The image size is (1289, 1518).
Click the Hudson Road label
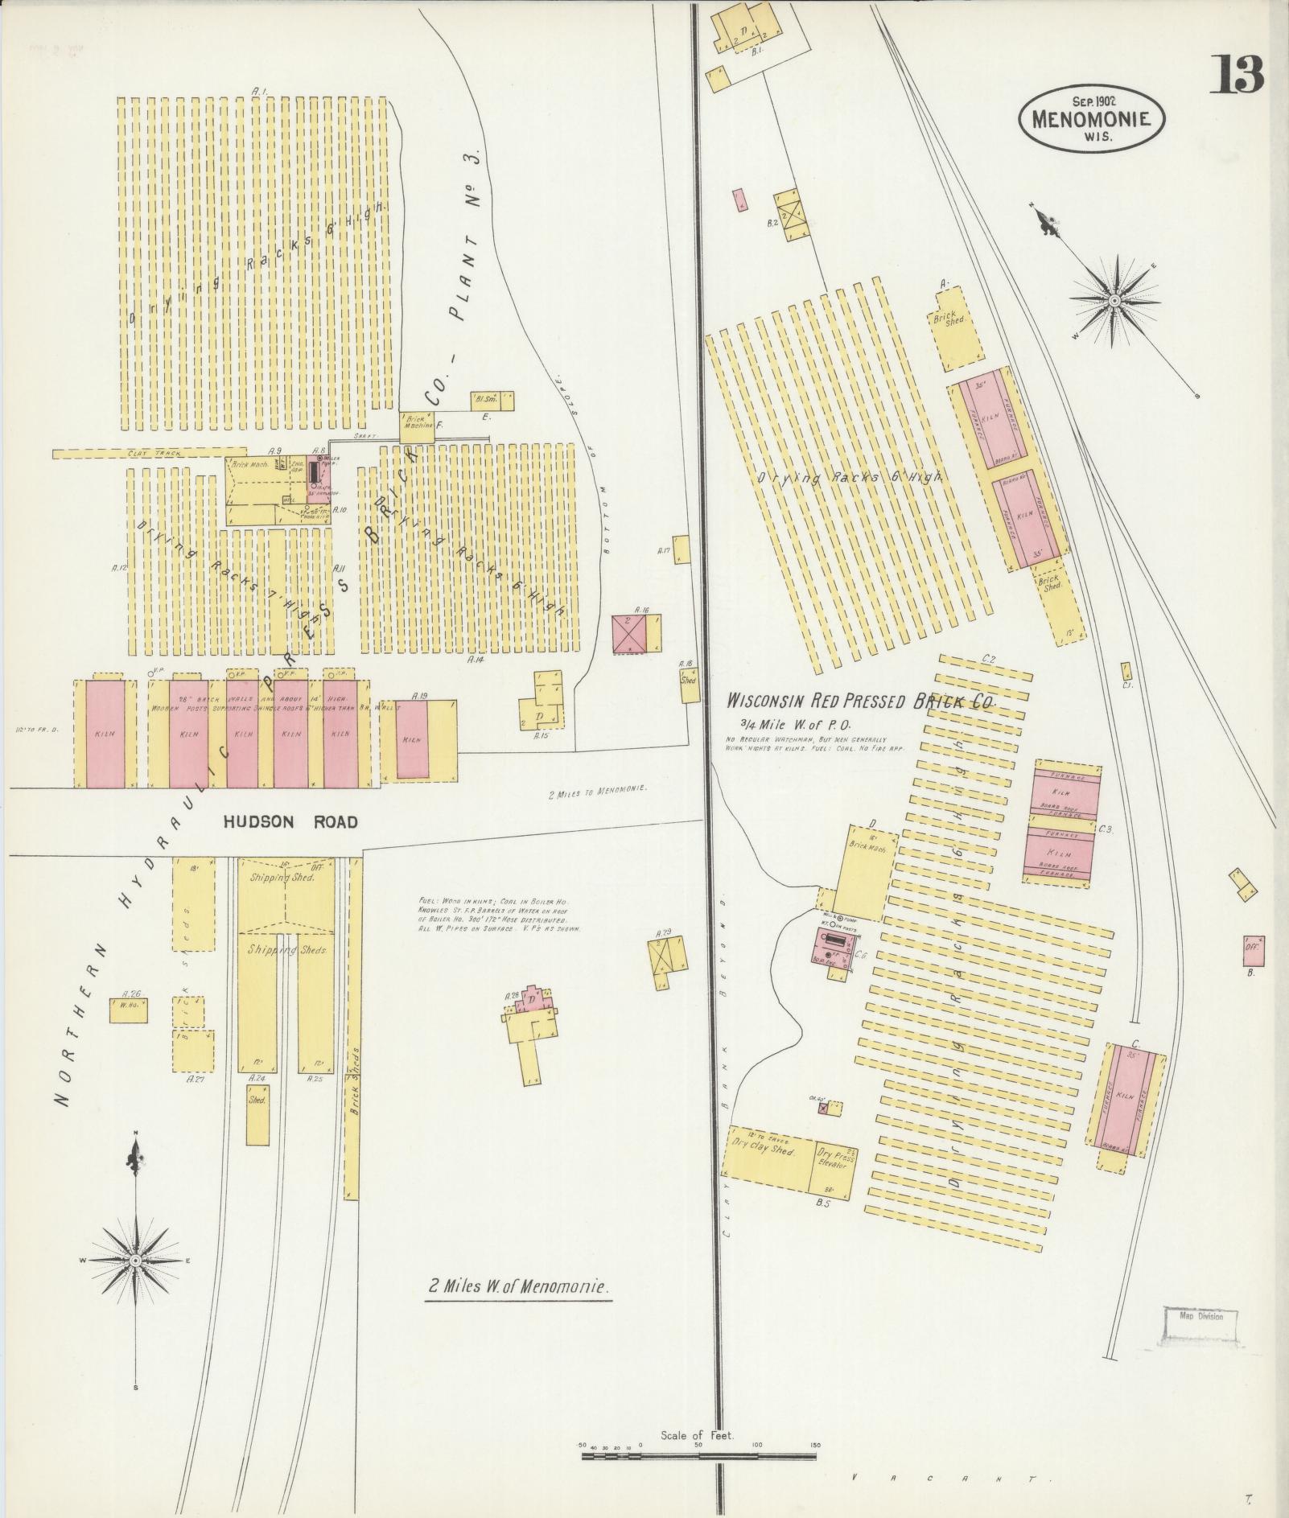coord(290,821)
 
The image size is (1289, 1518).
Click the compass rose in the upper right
coord(1114,301)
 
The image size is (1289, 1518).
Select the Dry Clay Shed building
coord(768,1153)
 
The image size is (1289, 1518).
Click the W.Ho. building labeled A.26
coord(128,1010)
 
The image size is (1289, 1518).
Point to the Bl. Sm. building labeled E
coord(492,401)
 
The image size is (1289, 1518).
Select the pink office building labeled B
coord(1253,952)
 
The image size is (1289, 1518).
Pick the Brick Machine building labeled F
coord(417,427)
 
